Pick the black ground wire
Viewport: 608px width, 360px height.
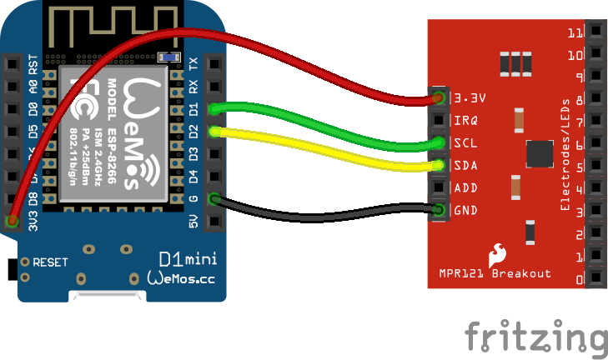point(334,217)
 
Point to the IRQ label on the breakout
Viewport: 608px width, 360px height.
point(465,120)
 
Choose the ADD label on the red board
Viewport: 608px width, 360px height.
point(465,187)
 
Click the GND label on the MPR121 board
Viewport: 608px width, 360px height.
point(465,210)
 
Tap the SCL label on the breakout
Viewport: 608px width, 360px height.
point(465,142)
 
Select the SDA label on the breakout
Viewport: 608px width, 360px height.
point(465,165)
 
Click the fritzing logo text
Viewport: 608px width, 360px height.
point(535,337)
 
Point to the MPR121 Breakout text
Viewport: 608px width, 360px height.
point(495,273)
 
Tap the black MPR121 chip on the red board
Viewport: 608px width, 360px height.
point(540,154)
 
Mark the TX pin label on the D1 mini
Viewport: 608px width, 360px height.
point(193,63)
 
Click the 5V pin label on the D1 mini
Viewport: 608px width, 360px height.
point(193,222)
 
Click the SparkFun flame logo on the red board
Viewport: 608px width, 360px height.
point(498,252)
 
